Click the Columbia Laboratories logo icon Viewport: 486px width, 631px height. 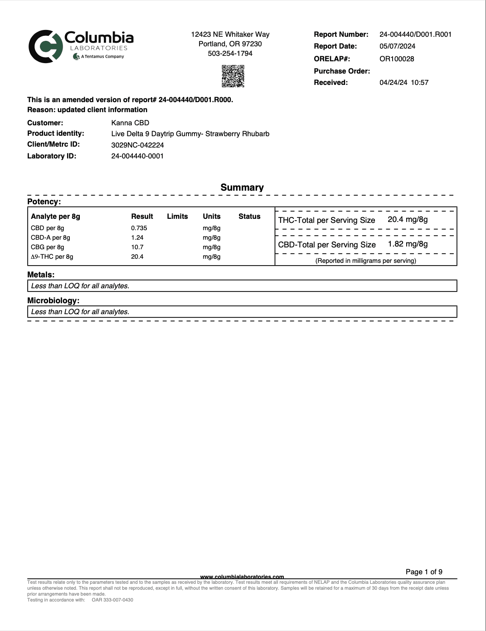[45, 46]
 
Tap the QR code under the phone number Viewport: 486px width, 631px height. [233, 76]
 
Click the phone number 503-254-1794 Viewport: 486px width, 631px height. [230, 54]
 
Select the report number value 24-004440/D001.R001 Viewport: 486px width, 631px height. [415, 35]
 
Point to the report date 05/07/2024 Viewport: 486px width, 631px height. [397, 46]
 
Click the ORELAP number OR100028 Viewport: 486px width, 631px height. [397, 59]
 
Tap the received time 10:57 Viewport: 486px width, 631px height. [419, 83]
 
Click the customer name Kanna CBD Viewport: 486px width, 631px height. [130, 123]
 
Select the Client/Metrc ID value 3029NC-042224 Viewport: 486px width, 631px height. [137, 145]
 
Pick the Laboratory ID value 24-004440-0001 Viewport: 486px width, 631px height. [137, 156]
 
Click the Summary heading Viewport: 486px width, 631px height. [242, 187]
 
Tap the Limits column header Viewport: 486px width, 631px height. [177, 217]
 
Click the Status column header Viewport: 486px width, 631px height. [249, 217]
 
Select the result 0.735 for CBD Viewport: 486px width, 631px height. [139, 228]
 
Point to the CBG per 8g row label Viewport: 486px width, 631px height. [48, 247]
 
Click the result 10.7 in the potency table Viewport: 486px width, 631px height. [137, 247]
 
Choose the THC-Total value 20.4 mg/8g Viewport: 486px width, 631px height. [408, 220]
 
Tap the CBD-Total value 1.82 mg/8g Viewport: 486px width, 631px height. [408, 244]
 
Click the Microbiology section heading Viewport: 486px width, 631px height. [53, 301]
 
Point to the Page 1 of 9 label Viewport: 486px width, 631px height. [424, 572]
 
